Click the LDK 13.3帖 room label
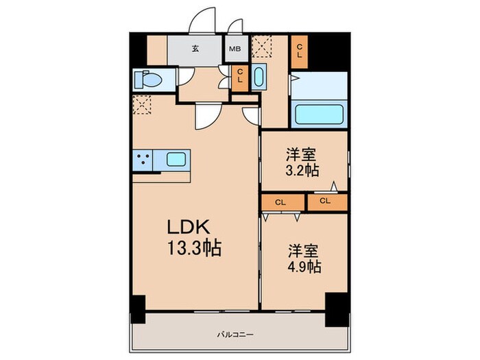[x=194, y=237]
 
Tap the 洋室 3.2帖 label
[x=302, y=163]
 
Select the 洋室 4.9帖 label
[x=304, y=259]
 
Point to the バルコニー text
[x=235, y=335]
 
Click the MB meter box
[x=235, y=49]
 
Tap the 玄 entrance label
[x=195, y=49]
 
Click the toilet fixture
[x=149, y=80]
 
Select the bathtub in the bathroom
[x=319, y=115]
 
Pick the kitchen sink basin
[x=176, y=159]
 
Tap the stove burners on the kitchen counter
[x=143, y=160]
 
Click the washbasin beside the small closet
[x=259, y=77]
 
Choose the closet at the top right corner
[x=300, y=51]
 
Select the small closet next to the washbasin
[x=240, y=79]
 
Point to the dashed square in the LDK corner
[x=142, y=105]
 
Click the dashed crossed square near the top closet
[x=262, y=46]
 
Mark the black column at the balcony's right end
[x=337, y=309]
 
